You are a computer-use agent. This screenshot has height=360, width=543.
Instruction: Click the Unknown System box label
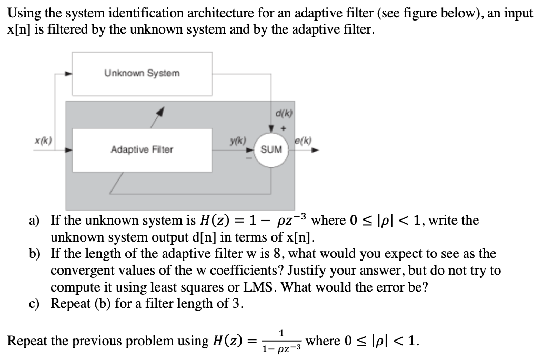pos(142,73)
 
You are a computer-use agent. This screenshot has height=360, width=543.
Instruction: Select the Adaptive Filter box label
pos(142,150)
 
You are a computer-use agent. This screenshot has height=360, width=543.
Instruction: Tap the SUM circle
pos(271,149)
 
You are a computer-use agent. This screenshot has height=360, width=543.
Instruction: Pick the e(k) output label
pos(304,141)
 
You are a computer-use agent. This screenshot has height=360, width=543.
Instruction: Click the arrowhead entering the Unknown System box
pos(68,74)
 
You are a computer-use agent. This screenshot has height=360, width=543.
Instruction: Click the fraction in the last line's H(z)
pos(281,341)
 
